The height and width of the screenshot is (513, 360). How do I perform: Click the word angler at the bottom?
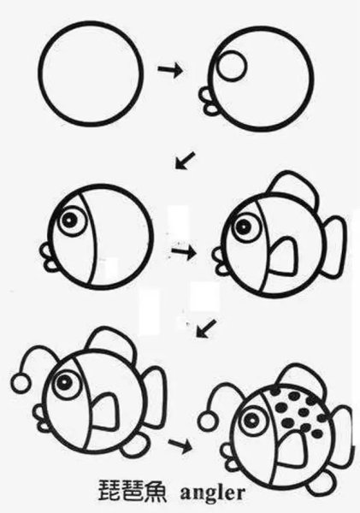click(212, 493)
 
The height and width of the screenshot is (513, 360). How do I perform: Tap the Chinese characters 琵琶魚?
click(133, 492)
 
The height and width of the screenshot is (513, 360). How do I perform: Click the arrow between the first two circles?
click(169, 70)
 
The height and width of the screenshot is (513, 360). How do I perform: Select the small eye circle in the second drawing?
click(232, 65)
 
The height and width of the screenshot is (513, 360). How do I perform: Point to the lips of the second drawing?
click(208, 101)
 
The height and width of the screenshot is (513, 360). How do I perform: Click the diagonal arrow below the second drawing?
click(185, 160)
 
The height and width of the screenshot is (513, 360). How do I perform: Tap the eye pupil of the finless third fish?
click(68, 219)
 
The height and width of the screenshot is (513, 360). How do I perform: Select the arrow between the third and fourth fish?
click(184, 253)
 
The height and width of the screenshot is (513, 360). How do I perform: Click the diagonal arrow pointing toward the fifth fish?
click(206, 328)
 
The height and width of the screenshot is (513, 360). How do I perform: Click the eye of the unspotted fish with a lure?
click(64, 382)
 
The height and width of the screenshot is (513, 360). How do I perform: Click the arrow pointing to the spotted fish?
click(180, 445)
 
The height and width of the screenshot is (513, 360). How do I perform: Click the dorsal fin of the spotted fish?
click(304, 380)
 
